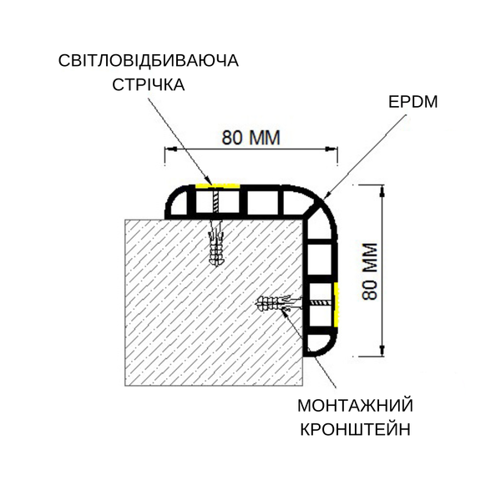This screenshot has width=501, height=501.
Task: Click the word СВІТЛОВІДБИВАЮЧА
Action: point(149,60)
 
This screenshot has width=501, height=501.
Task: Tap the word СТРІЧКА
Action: point(149,84)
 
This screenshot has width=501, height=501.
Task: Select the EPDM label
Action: point(412,102)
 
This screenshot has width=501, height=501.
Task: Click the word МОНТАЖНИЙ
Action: point(356,406)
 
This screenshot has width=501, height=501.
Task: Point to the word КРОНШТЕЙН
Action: point(356,430)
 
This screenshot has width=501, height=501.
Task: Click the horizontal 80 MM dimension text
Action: point(250,138)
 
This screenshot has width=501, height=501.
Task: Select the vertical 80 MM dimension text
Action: point(370,271)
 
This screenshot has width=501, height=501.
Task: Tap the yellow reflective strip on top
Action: point(217,185)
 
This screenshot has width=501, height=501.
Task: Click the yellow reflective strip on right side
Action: point(336,305)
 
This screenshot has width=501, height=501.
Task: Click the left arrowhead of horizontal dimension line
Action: point(171,149)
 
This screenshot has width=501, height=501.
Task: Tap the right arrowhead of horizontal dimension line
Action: point(331,149)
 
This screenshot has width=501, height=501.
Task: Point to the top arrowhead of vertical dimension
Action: point(382,190)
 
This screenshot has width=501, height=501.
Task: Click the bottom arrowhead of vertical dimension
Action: point(382,350)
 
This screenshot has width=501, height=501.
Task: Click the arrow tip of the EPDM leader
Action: point(324,197)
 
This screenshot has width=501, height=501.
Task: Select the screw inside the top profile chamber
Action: point(215,202)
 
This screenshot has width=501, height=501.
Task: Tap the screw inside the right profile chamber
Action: point(321,302)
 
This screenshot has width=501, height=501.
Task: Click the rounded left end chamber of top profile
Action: point(178,202)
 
